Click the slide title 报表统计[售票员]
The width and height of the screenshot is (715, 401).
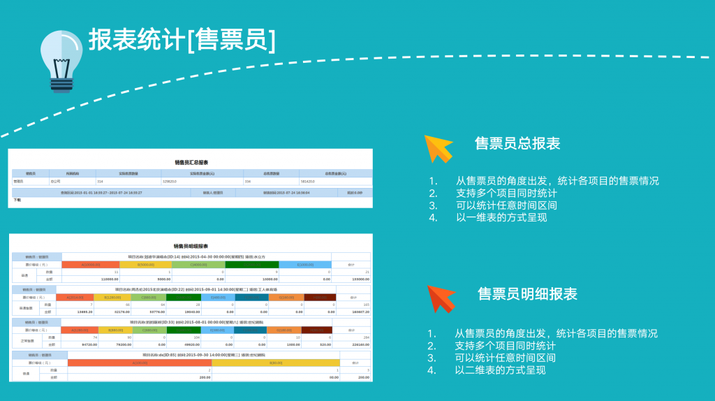click(x=182, y=40)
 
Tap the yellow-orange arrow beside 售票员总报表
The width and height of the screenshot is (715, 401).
click(x=438, y=147)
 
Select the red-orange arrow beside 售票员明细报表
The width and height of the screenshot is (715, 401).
click(x=441, y=297)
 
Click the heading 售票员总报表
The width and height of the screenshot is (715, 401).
click(x=517, y=144)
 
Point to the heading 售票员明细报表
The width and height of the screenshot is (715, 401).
click(x=527, y=294)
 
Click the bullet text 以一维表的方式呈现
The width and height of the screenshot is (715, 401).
click(x=501, y=217)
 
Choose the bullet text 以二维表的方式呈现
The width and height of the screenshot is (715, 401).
click(x=500, y=370)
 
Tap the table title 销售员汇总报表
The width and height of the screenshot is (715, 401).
click(x=191, y=162)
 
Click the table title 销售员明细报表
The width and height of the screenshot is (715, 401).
click(x=191, y=246)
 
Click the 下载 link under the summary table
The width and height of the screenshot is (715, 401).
click(x=17, y=200)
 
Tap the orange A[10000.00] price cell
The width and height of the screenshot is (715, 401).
click(x=91, y=265)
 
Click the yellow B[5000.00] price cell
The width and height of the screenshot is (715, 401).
click(x=145, y=265)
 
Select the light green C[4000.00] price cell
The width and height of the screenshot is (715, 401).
click(x=198, y=265)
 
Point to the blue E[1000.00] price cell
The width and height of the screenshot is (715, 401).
click(x=305, y=265)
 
